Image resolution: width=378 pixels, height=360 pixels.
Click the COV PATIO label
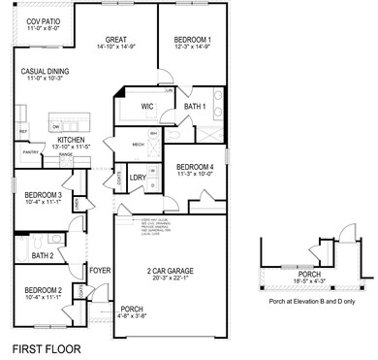point(42,20)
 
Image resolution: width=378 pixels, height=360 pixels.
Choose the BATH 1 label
point(194,106)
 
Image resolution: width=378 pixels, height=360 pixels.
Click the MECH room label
point(138,144)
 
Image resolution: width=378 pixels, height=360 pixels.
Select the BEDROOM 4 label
point(195,167)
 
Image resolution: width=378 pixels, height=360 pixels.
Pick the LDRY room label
point(137,178)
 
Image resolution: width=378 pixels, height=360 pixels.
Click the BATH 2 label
point(43,255)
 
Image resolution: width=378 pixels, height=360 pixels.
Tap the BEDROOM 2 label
point(44,290)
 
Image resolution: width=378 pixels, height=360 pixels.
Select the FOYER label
point(101,271)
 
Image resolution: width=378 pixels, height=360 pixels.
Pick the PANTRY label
point(30,151)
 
